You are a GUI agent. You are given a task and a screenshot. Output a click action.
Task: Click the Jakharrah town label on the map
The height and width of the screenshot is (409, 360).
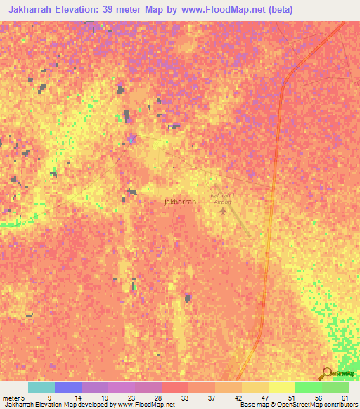tap(179, 201)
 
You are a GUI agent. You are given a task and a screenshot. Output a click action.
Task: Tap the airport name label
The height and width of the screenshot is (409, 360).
tap(221, 198)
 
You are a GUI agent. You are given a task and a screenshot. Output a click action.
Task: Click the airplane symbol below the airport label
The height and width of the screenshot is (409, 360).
tap(224, 210)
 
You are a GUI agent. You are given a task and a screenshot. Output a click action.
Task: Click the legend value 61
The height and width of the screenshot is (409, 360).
tap(344, 397)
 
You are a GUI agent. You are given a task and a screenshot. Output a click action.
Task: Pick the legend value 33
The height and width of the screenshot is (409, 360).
tap(184, 397)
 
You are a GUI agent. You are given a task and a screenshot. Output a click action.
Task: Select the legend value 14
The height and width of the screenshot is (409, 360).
tap(77, 397)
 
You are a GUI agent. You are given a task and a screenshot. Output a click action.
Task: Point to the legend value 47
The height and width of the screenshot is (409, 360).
tap(264, 397)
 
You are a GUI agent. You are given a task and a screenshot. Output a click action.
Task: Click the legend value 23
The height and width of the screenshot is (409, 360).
tap(131, 397)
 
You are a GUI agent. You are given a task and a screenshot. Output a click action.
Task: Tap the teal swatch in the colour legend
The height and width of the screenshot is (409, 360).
tap(41, 387)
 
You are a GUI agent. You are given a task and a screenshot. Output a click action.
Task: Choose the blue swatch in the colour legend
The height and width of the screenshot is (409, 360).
tap(67, 387)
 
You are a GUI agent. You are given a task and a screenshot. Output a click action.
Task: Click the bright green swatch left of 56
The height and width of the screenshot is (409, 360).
tap(308, 387)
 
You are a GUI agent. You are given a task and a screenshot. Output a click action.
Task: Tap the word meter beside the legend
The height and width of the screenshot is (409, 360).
tap(10, 397)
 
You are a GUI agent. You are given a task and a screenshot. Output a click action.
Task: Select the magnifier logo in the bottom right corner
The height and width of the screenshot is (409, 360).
tap(326, 373)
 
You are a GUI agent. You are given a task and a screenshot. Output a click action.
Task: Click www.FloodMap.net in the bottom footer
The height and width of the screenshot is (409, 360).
tap(147, 405)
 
